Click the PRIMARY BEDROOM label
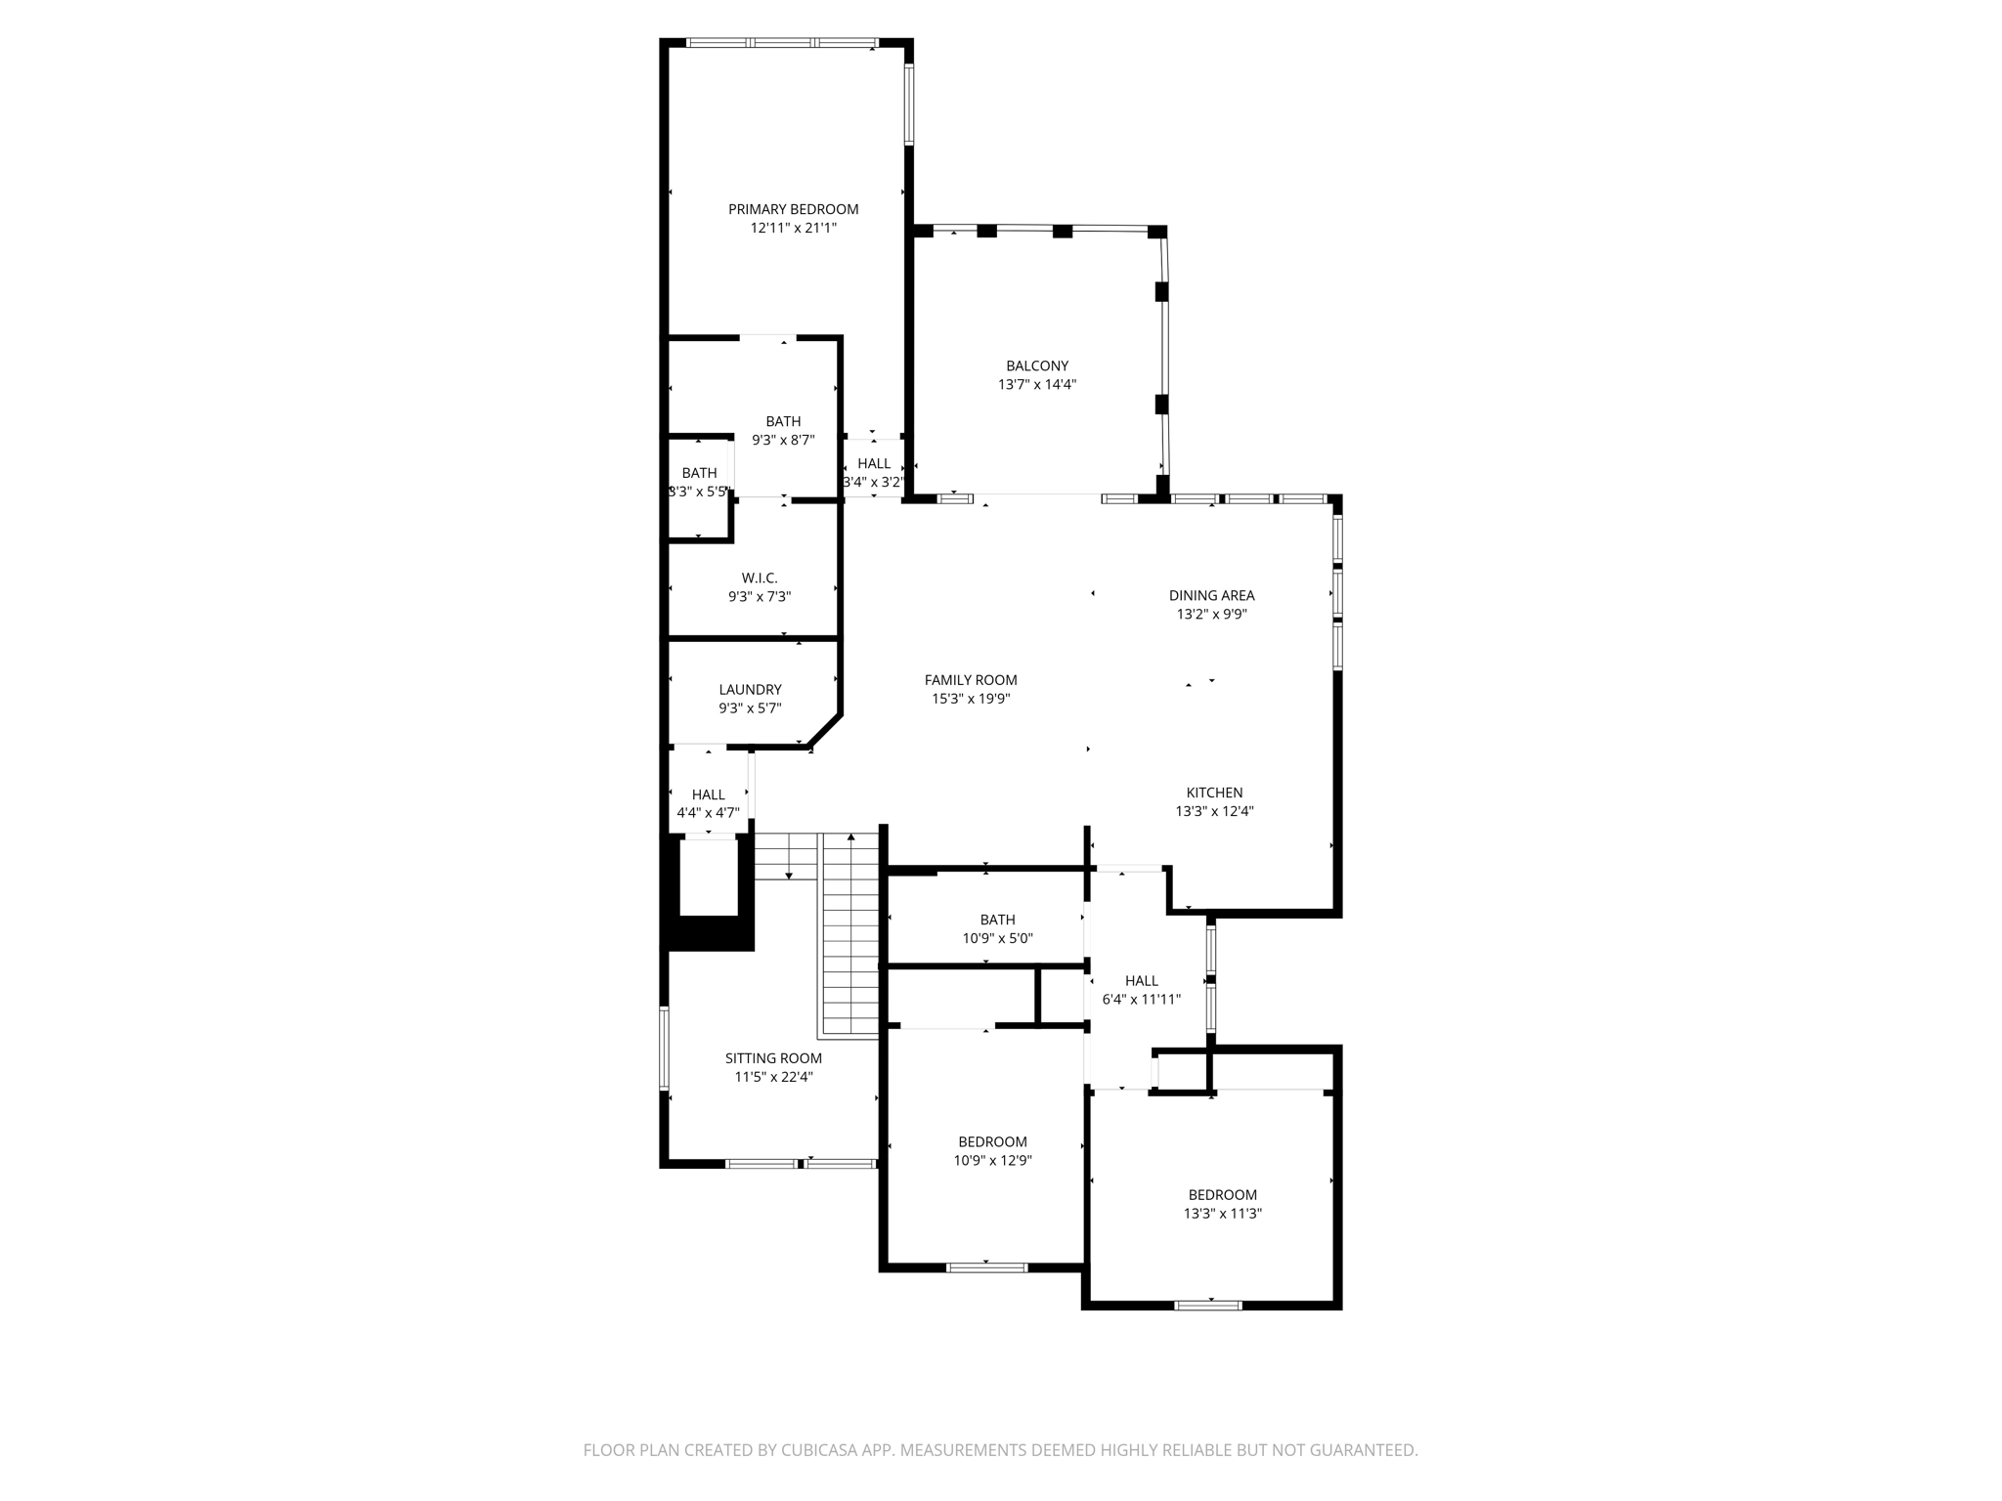click(x=793, y=209)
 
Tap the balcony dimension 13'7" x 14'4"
click(x=1036, y=385)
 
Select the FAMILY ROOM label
click(x=970, y=680)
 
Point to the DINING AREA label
click(x=1211, y=595)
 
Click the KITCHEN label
click(x=1214, y=793)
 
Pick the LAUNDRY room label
click(x=750, y=690)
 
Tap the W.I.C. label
click(x=759, y=579)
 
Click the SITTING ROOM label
click(x=773, y=1058)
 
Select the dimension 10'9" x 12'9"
click(x=992, y=1161)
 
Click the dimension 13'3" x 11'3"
click(x=1222, y=1214)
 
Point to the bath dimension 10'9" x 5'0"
click(x=997, y=938)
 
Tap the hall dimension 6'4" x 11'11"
click(x=1141, y=1000)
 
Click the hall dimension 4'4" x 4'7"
click(x=708, y=813)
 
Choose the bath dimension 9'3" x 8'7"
click(x=782, y=441)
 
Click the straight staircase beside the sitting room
click(x=850, y=938)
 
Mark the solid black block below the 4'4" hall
click(x=710, y=933)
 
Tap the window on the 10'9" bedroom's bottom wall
click(x=986, y=1267)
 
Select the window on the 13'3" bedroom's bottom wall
click(x=1207, y=1305)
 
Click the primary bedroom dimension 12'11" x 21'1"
click(x=793, y=229)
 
